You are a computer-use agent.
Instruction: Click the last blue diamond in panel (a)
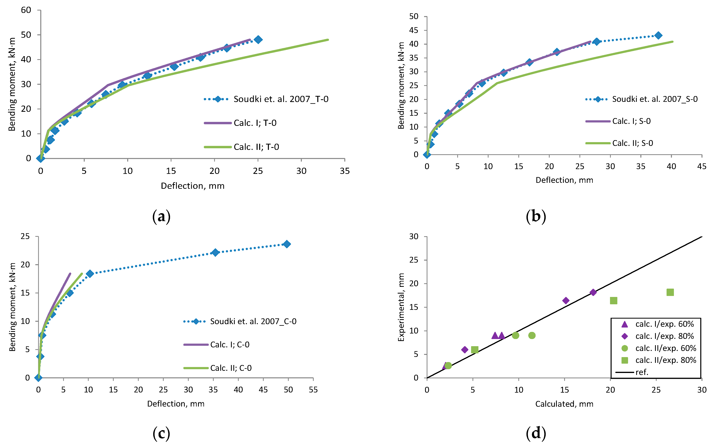258,40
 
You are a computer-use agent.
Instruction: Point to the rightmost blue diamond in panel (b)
658,36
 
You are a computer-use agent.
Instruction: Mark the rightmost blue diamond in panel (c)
287,244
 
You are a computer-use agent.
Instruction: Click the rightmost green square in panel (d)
670,292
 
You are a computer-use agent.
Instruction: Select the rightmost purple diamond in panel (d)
593,292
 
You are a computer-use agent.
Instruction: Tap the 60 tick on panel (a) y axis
26,10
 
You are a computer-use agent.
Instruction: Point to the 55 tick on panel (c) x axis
313,390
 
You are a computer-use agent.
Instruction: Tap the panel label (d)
536,433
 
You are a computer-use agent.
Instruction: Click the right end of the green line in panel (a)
328,40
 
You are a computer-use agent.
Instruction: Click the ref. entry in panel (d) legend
642,372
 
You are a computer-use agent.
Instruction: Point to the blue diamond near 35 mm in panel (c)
215,252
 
